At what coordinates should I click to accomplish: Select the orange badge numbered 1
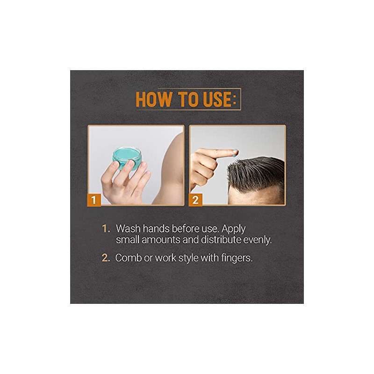pyautogui.click(x=94, y=200)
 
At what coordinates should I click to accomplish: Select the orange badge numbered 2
pyautogui.click(x=195, y=200)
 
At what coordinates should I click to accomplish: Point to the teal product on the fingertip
pyautogui.click(x=236, y=153)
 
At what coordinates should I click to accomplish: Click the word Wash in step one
pyautogui.click(x=128, y=229)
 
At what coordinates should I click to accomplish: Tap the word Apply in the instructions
pyautogui.click(x=233, y=229)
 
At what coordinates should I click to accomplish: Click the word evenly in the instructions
pyautogui.click(x=258, y=240)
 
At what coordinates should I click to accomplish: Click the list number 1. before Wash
pyautogui.click(x=106, y=229)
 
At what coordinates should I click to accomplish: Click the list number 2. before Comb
pyautogui.click(x=106, y=258)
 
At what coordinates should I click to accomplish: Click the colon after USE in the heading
pyautogui.click(x=234, y=101)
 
